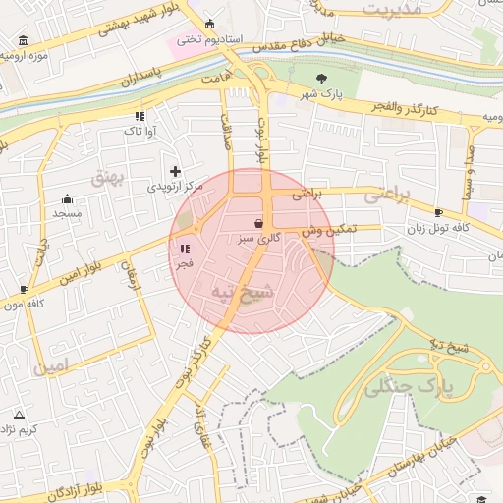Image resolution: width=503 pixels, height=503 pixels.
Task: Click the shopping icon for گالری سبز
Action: point(258,222)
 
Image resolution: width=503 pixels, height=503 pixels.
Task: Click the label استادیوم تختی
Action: point(202,39)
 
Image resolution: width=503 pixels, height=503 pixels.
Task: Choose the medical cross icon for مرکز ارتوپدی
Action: point(176,171)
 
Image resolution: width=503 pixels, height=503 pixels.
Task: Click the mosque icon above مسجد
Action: point(67,198)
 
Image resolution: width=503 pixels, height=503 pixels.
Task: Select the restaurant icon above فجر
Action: point(184,249)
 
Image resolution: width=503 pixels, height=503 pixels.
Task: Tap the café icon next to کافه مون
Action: point(25,289)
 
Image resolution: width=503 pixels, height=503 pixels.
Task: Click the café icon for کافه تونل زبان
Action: point(438,212)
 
